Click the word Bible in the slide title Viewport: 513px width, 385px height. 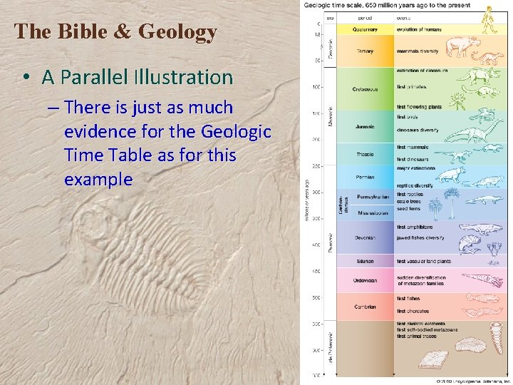tap(75, 32)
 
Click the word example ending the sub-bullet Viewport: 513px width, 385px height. tap(98, 179)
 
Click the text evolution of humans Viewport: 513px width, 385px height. tap(419, 30)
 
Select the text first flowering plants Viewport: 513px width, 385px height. tap(419, 106)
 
